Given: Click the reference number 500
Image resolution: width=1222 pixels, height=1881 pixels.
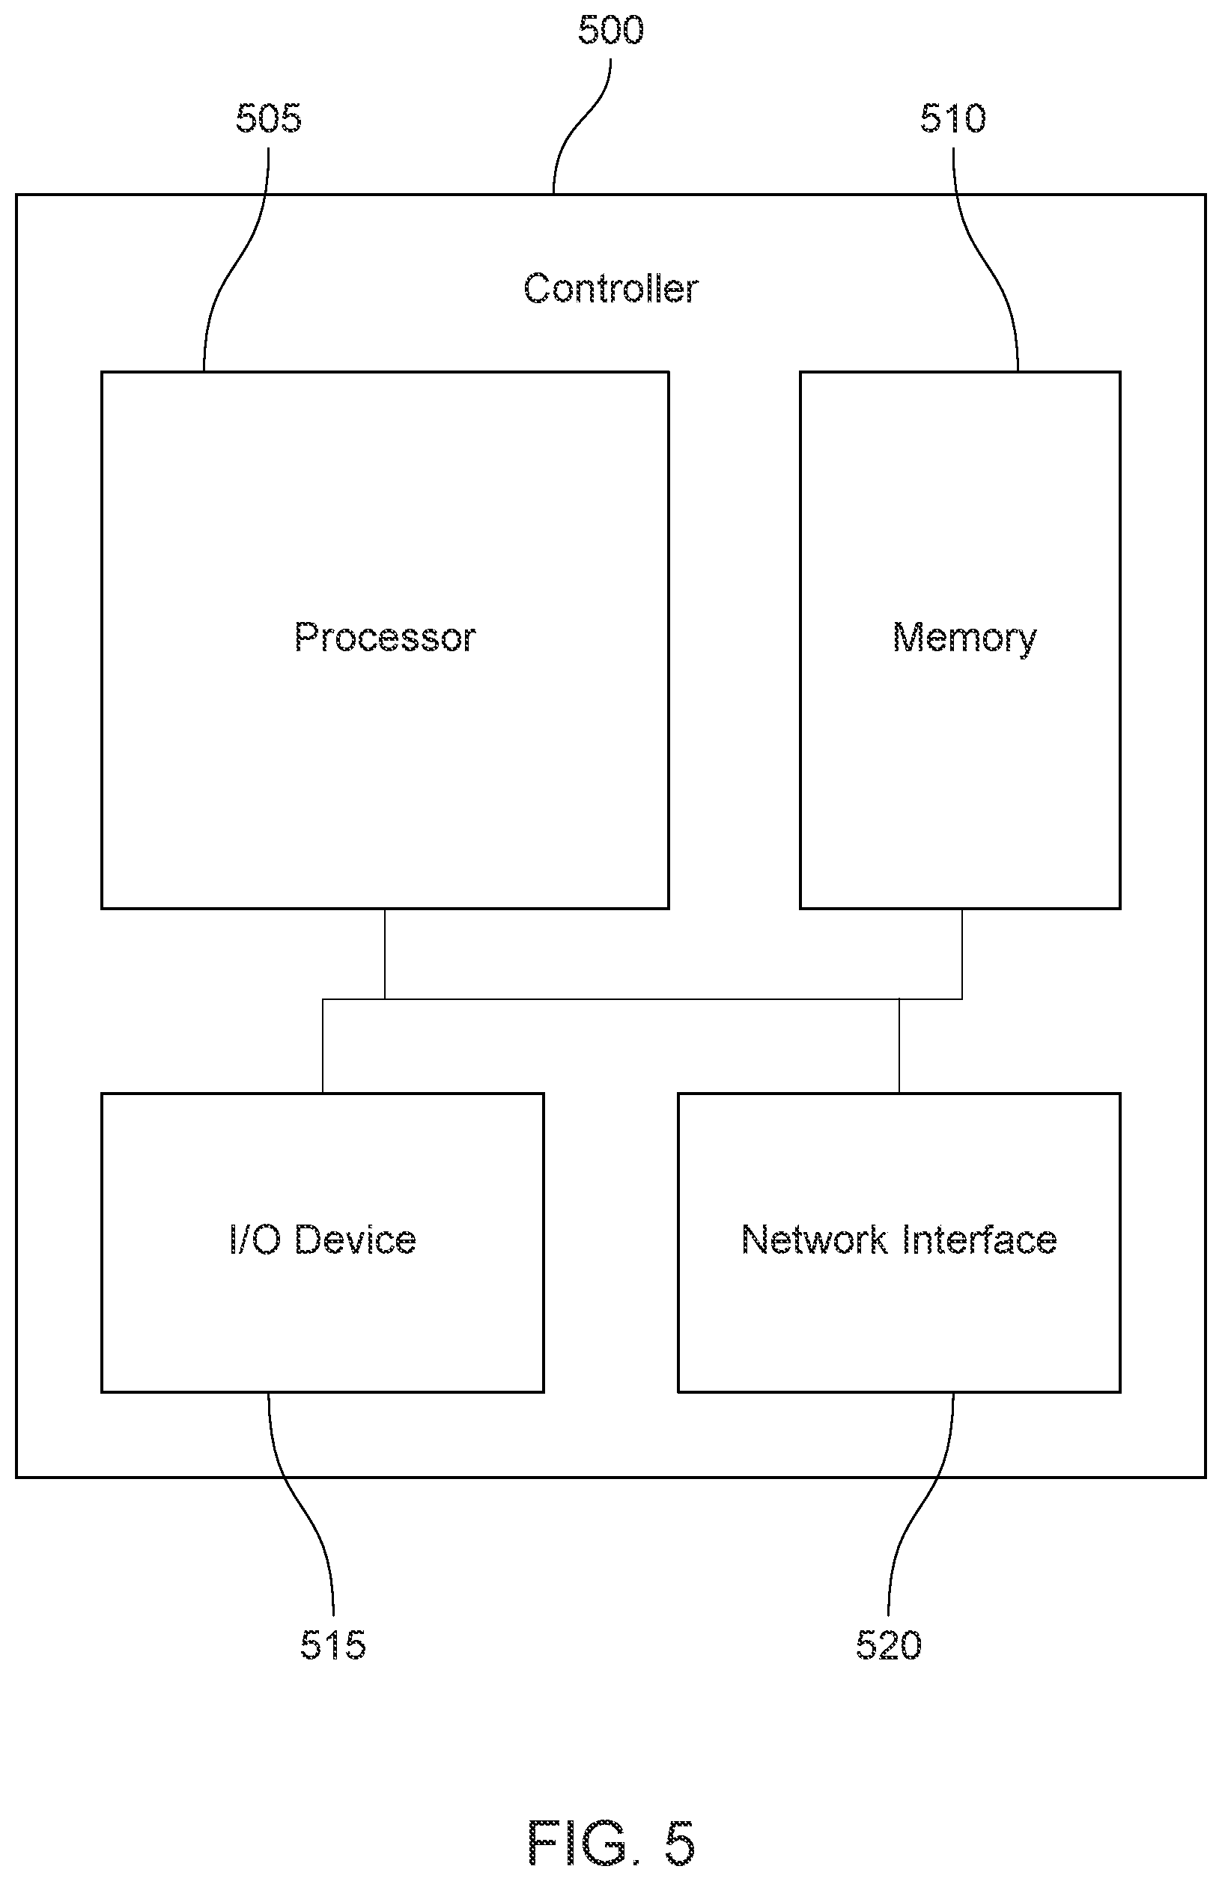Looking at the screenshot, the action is point(610,31).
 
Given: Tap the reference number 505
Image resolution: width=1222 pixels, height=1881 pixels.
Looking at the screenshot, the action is point(269,118).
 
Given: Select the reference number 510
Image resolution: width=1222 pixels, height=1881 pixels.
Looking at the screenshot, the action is point(952,118).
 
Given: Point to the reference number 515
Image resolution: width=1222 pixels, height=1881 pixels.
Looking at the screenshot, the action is point(332,1645).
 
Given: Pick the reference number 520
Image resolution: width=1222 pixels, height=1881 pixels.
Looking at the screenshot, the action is point(889,1645).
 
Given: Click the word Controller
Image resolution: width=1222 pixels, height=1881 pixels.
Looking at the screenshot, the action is point(611,288).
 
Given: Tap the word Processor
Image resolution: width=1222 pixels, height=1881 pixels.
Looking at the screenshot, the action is point(385,637).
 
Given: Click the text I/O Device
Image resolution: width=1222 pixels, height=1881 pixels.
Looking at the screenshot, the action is point(323,1240).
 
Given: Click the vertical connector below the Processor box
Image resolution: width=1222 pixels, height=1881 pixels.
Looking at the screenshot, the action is point(385,954).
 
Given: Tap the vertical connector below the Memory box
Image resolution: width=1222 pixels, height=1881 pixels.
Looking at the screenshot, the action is point(962,954).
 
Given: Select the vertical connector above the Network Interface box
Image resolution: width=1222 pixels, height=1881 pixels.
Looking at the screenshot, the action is point(899,1046).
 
